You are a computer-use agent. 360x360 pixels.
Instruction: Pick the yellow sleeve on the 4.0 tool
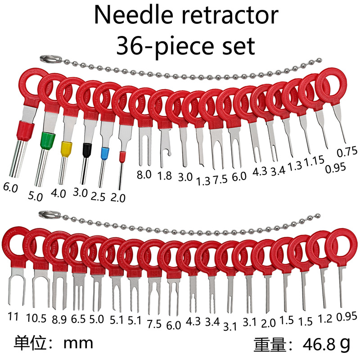click(66, 149)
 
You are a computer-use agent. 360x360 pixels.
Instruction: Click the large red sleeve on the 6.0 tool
click(25, 131)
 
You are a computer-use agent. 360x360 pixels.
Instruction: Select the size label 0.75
click(347, 152)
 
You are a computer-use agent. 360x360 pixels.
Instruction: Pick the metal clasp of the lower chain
click(46, 214)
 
